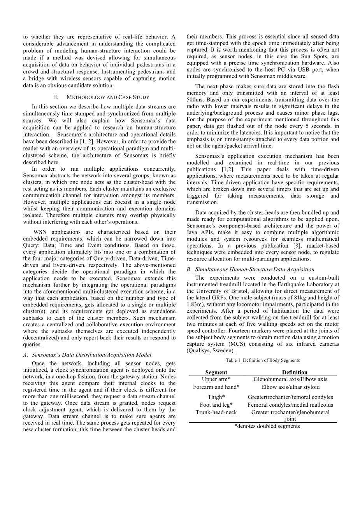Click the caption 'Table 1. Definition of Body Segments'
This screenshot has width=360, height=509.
tap(262, 360)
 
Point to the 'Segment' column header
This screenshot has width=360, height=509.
tap(216, 372)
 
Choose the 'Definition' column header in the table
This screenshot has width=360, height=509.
tap(295, 372)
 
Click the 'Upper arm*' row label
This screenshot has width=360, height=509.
tap(216, 379)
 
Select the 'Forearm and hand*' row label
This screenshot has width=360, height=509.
tap(216, 387)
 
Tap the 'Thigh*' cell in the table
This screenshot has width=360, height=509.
tap(216, 397)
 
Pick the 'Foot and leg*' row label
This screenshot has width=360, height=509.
tap(216, 405)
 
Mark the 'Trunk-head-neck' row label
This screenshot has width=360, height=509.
tap(216, 412)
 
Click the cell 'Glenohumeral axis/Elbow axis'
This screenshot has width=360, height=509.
tap(290, 379)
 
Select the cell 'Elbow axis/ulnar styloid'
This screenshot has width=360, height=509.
tap(290, 387)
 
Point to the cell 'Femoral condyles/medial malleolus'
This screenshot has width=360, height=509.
tap(290, 405)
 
